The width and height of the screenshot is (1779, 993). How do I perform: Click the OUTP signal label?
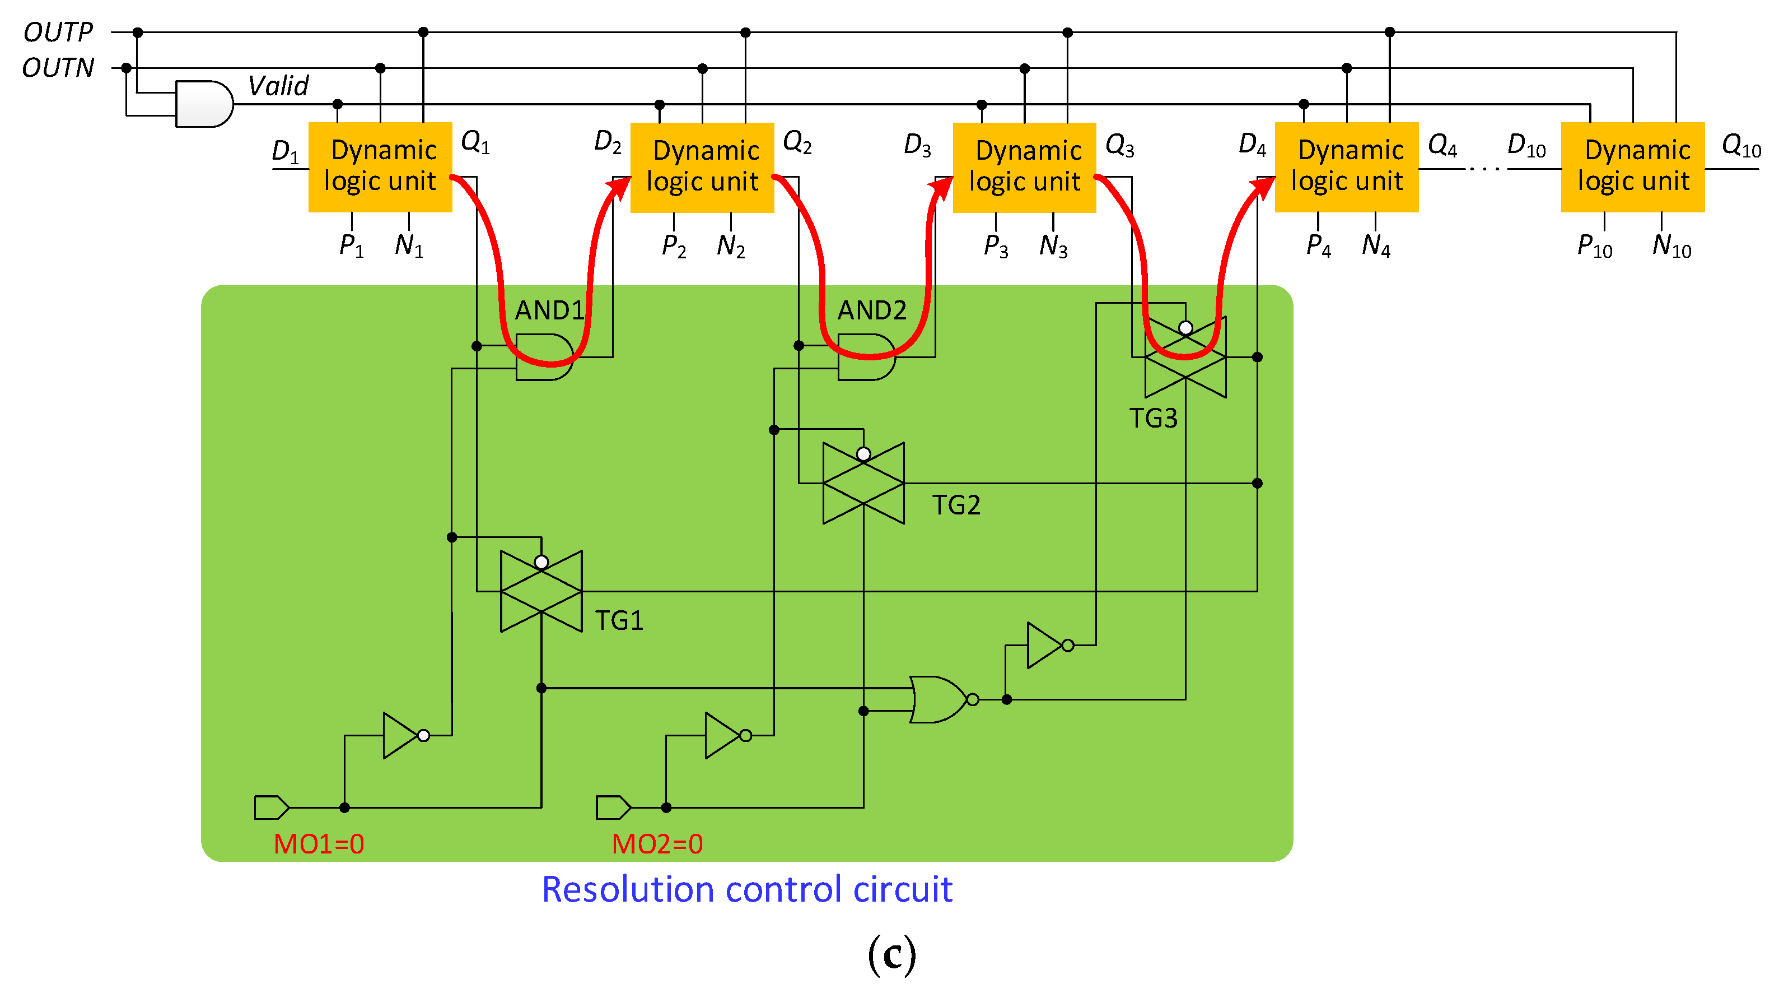pos(58,32)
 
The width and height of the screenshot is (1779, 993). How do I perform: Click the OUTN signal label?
pos(58,68)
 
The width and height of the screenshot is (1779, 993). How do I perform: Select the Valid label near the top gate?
pos(278,86)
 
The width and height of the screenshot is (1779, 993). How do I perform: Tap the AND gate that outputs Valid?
pos(204,104)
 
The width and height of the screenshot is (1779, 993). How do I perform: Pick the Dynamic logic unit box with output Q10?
pos(1633,167)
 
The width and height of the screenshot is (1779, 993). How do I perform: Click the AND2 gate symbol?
pos(867,358)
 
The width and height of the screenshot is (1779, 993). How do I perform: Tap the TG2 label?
pos(956,505)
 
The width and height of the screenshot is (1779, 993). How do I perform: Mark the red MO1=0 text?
pos(319,844)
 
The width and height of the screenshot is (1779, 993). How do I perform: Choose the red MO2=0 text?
pos(657,844)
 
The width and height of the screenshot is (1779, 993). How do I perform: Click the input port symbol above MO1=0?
pos(272,807)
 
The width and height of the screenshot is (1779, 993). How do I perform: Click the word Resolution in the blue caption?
pos(627,889)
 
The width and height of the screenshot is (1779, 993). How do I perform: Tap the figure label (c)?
pos(891,954)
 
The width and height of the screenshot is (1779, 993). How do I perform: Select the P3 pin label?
pos(996,245)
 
